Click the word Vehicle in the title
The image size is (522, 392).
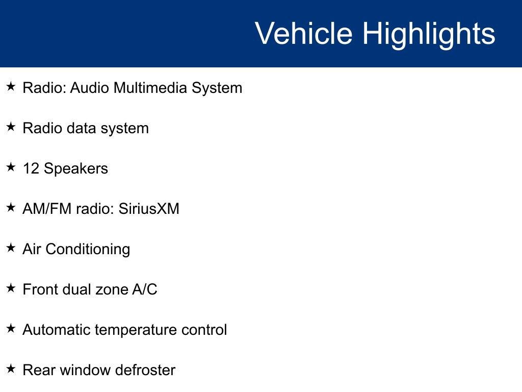[303, 34]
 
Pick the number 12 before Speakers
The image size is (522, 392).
[31, 168]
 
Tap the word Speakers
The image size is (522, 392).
[76, 169]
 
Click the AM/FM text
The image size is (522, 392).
[43, 209]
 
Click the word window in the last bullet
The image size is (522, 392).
[86, 370]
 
